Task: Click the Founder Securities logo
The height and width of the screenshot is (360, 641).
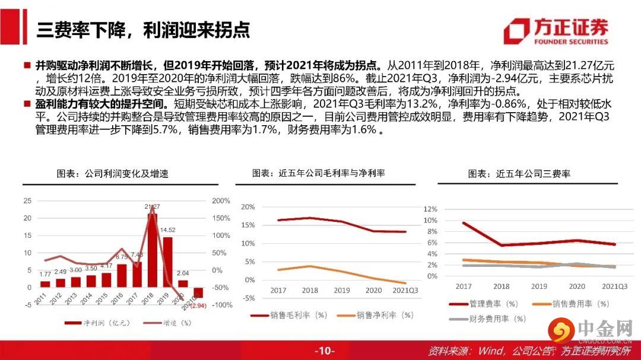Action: [x=556, y=31]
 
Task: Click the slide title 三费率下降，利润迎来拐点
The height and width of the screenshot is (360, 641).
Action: [x=142, y=30]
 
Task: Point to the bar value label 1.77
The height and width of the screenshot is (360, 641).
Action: [x=46, y=274]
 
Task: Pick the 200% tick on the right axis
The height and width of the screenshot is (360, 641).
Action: [x=221, y=200]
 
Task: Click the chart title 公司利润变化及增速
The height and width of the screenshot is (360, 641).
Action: [x=113, y=174]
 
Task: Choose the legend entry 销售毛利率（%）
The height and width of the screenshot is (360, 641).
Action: [x=290, y=315]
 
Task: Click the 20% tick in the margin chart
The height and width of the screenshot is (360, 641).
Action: [x=247, y=207]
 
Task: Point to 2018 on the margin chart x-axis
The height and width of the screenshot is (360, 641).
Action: [x=310, y=291]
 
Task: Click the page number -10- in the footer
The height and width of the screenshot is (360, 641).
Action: [x=325, y=351]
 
